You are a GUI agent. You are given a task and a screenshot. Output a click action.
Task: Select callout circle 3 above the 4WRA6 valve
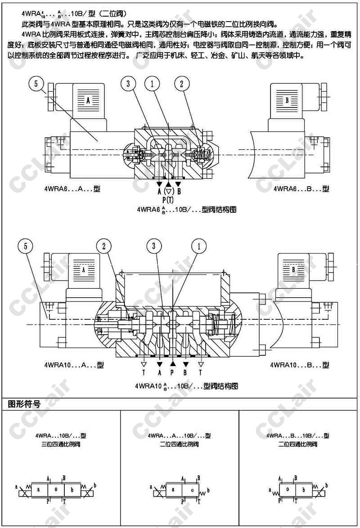[x=128, y=84]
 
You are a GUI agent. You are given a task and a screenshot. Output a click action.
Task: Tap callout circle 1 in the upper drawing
[x=153, y=84]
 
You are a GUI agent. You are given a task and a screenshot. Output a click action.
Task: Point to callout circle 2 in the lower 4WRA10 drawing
[x=104, y=246]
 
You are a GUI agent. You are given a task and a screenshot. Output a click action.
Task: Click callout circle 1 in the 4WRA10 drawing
[x=198, y=246]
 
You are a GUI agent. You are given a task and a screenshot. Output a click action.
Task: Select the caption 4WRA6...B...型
[x=301, y=189]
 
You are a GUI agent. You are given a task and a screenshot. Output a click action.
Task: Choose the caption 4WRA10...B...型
[x=299, y=365]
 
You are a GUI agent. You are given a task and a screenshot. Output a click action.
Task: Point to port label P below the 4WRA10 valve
[x=172, y=372]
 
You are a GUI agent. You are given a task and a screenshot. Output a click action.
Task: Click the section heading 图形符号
[x=24, y=404]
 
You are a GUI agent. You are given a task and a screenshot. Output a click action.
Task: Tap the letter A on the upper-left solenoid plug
[x=88, y=100]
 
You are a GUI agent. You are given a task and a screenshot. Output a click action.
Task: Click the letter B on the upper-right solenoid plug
[x=287, y=100]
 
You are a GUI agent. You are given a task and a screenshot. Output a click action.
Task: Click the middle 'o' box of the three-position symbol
[x=56, y=489]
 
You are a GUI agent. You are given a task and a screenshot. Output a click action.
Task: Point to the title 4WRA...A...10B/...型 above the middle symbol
[x=179, y=435]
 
